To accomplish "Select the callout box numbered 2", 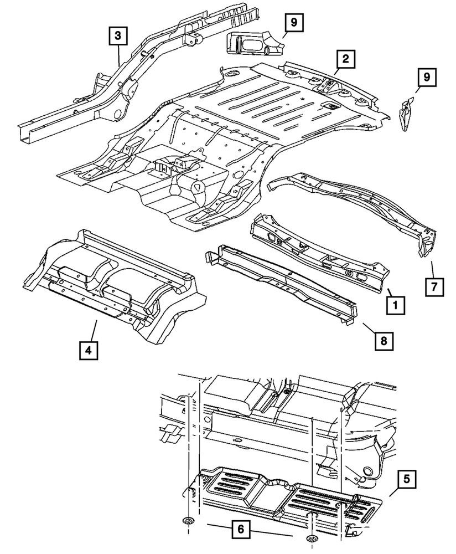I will coord(345,59).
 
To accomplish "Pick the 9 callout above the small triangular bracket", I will coord(426,78).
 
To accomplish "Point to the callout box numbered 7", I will coord(434,288).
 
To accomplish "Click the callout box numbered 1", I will coord(395,304).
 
